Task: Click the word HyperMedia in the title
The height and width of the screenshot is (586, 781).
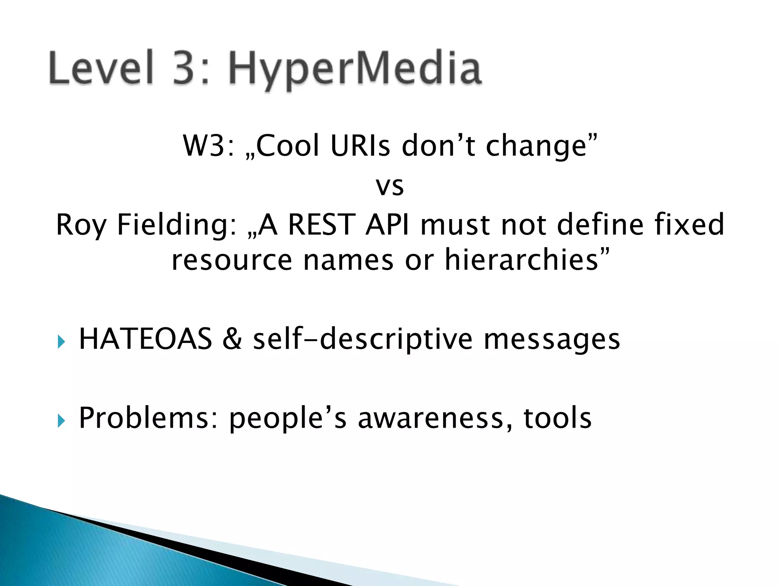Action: point(355,69)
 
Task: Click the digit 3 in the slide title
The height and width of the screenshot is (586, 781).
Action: point(187,68)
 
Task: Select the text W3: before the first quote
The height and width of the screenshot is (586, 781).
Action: point(208,146)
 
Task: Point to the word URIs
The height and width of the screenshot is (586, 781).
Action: point(360,146)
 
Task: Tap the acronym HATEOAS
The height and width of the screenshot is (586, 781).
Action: point(145,339)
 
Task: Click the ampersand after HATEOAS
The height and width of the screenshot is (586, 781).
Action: point(232,339)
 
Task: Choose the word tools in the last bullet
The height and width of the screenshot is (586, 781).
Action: point(557,418)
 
